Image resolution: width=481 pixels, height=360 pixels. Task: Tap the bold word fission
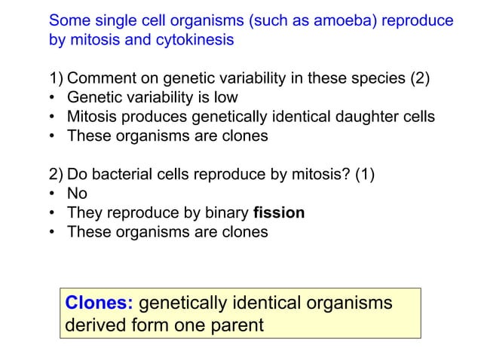tap(279, 212)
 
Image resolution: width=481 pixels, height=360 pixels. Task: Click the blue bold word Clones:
tap(100, 303)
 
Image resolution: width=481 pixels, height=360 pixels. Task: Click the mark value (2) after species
tap(420, 78)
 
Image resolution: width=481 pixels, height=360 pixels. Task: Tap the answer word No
tap(77, 193)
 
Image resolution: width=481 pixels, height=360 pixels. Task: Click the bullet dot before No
tap(53, 193)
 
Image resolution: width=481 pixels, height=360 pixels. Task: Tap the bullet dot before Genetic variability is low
tap(53, 98)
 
